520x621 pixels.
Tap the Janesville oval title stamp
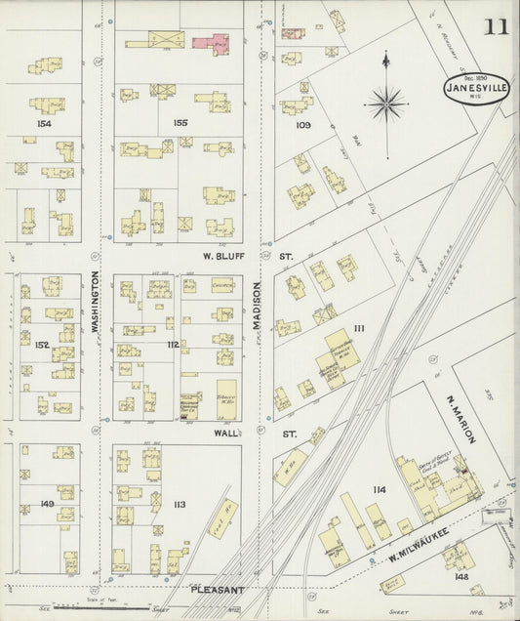(477, 88)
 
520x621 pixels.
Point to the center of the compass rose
(386, 101)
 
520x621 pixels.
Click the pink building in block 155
(209, 42)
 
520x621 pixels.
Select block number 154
(42, 125)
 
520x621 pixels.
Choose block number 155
(180, 124)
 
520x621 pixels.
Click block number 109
(302, 125)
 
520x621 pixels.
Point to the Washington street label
(96, 303)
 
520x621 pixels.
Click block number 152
(42, 345)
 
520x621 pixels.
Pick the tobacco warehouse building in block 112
(226, 399)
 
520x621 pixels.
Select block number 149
(46, 504)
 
